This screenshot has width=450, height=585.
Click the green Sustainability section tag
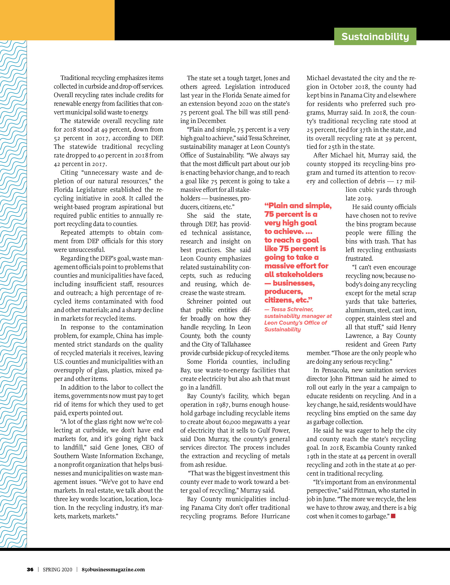pos(375,37)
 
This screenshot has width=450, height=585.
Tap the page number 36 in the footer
pos(30,569)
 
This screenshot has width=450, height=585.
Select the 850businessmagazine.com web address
pos(113,569)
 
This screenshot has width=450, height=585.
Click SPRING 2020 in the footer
pos(57,569)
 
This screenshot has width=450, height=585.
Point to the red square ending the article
pos(393,516)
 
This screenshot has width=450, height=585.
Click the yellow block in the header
pos(57,20)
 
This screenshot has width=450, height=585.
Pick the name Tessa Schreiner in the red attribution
pos(292,309)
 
